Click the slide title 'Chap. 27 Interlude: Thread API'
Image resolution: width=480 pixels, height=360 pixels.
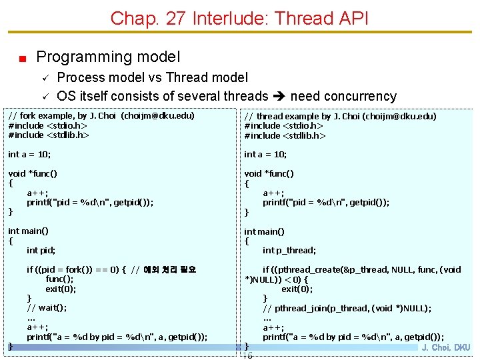click(x=239, y=18)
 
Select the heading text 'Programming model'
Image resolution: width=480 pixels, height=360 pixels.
click(x=108, y=57)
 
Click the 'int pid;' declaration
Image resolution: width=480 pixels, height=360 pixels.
click(x=41, y=250)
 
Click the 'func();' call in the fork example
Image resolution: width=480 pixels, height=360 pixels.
click(x=59, y=279)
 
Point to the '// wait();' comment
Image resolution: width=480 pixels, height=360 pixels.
click(x=47, y=307)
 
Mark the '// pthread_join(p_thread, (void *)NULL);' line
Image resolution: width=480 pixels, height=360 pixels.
click(x=347, y=308)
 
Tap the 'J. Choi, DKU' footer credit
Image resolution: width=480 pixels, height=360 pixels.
click(x=446, y=347)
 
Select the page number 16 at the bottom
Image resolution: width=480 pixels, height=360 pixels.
click(x=247, y=355)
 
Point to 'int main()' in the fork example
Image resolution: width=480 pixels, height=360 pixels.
click(x=28, y=231)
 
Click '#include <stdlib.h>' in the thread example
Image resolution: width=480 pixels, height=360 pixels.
click(x=285, y=135)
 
